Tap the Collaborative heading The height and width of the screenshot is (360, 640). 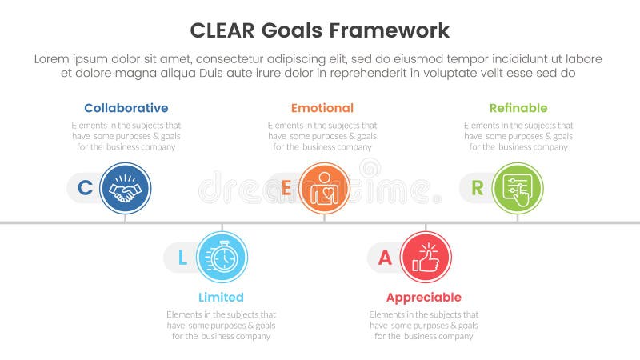126,108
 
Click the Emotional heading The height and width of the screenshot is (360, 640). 322,108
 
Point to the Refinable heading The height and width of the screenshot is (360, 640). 518,108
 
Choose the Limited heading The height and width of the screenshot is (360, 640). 221,298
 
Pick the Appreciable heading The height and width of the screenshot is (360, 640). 423,298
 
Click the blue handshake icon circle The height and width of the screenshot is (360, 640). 125,189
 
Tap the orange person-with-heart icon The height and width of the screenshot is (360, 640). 323,189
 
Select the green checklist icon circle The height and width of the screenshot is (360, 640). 517,189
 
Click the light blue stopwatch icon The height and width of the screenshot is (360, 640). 222,258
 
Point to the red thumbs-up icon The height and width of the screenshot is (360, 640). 426,258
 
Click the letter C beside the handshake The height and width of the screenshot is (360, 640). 84,189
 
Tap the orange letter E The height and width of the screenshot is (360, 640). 286,189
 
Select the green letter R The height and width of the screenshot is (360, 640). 477,189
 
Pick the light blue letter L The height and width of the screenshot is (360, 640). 182,258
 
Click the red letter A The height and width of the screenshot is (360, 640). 385,258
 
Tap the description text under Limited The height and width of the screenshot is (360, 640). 221,325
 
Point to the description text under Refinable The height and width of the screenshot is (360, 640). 518,136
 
